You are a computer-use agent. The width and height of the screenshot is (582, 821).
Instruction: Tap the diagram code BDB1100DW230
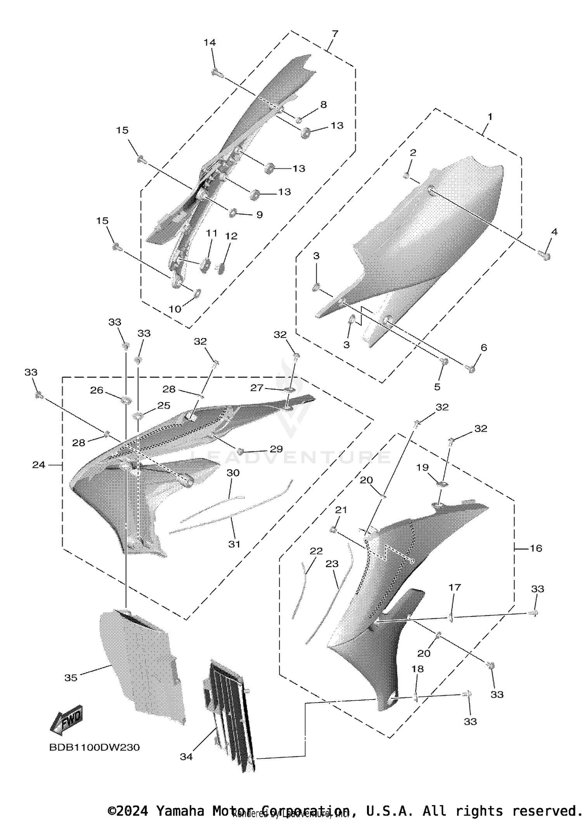[x=94, y=747]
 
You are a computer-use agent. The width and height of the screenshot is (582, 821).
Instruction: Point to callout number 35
[x=71, y=677]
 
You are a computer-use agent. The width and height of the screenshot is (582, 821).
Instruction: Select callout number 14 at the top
[x=210, y=42]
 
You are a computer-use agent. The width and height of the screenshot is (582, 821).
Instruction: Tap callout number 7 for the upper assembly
[x=335, y=33]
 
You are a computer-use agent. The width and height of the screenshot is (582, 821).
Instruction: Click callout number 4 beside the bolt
[x=554, y=232]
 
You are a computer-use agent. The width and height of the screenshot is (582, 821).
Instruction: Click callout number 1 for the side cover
[x=490, y=116]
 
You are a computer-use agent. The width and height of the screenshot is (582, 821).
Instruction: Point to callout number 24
[x=38, y=465]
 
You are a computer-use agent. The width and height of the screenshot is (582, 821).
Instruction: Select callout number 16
[x=536, y=548]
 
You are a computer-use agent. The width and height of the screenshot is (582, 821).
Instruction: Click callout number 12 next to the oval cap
[x=231, y=236]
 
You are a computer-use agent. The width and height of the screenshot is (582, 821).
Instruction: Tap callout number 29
[x=276, y=449]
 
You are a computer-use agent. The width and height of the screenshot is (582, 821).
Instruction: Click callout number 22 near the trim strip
[x=316, y=551]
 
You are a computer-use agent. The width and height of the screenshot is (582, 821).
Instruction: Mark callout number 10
[x=175, y=309]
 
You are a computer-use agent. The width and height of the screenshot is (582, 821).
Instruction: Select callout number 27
[x=257, y=387]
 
